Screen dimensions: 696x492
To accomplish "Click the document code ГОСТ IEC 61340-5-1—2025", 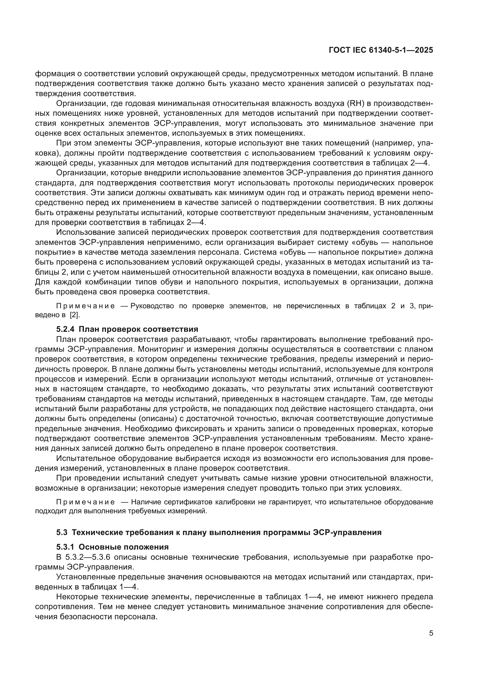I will pos(380,50).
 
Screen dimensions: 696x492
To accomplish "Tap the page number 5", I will pos(431,633).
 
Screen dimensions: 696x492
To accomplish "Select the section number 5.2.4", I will pos(66,329).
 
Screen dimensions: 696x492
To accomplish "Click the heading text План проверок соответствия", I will pos(141,329).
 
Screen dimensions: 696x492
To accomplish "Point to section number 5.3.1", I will pos(66,547).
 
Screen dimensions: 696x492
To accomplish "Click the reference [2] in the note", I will pos(75,315).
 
